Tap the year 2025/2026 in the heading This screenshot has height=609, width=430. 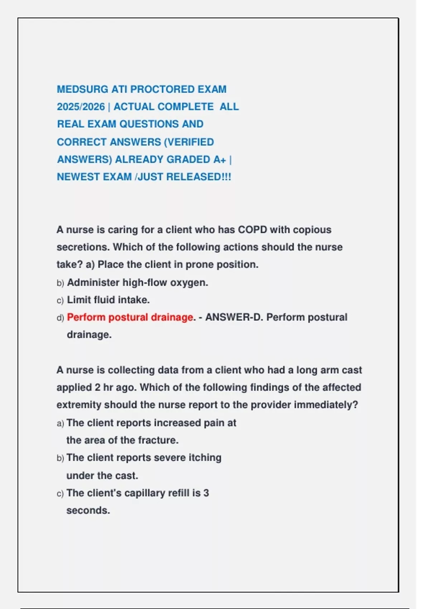coord(81,107)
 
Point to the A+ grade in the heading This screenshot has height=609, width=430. coord(220,159)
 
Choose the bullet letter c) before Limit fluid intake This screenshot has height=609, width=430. coord(60,300)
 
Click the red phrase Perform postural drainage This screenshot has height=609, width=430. coord(130,317)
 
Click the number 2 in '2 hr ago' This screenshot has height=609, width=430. coord(97,388)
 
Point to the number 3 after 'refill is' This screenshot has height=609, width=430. coord(206,493)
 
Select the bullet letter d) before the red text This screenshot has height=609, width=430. coord(60,318)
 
